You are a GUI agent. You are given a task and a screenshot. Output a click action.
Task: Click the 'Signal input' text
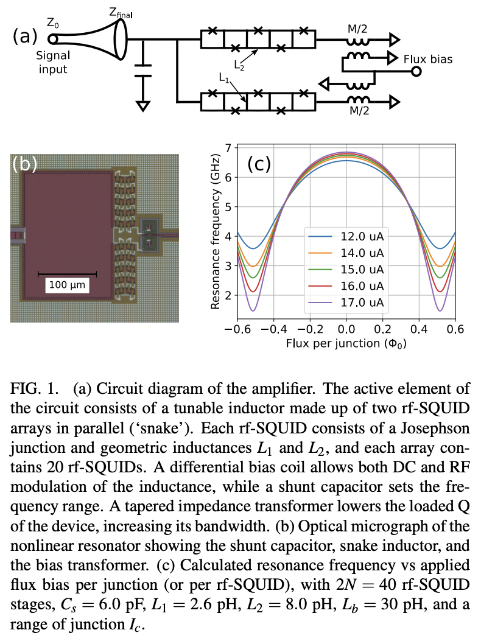pyautogui.click(x=54, y=61)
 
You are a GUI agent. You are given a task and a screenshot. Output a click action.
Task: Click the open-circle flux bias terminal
pyautogui.click(x=416, y=72)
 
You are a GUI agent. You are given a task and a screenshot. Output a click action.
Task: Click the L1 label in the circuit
pyautogui.click(x=223, y=78)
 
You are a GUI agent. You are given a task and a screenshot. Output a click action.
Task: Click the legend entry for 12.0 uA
pyautogui.click(x=363, y=237)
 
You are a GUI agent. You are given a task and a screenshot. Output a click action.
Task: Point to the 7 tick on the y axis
pyautogui.click(x=228, y=148)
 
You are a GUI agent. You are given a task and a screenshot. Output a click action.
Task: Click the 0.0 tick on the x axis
pyautogui.click(x=345, y=329)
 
